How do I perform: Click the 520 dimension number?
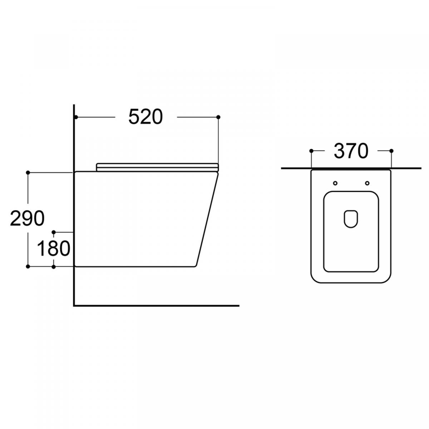(146, 117)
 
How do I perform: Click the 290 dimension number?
(27, 218)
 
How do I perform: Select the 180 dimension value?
(53, 248)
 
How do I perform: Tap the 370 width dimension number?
(351, 151)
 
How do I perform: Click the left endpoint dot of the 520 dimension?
(76, 117)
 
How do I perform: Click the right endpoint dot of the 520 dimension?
(218, 117)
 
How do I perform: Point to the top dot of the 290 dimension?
(28, 173)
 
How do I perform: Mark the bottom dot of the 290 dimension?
(28, 266)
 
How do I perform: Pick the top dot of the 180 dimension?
(53, 232)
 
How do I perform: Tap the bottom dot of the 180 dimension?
(53, 266)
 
